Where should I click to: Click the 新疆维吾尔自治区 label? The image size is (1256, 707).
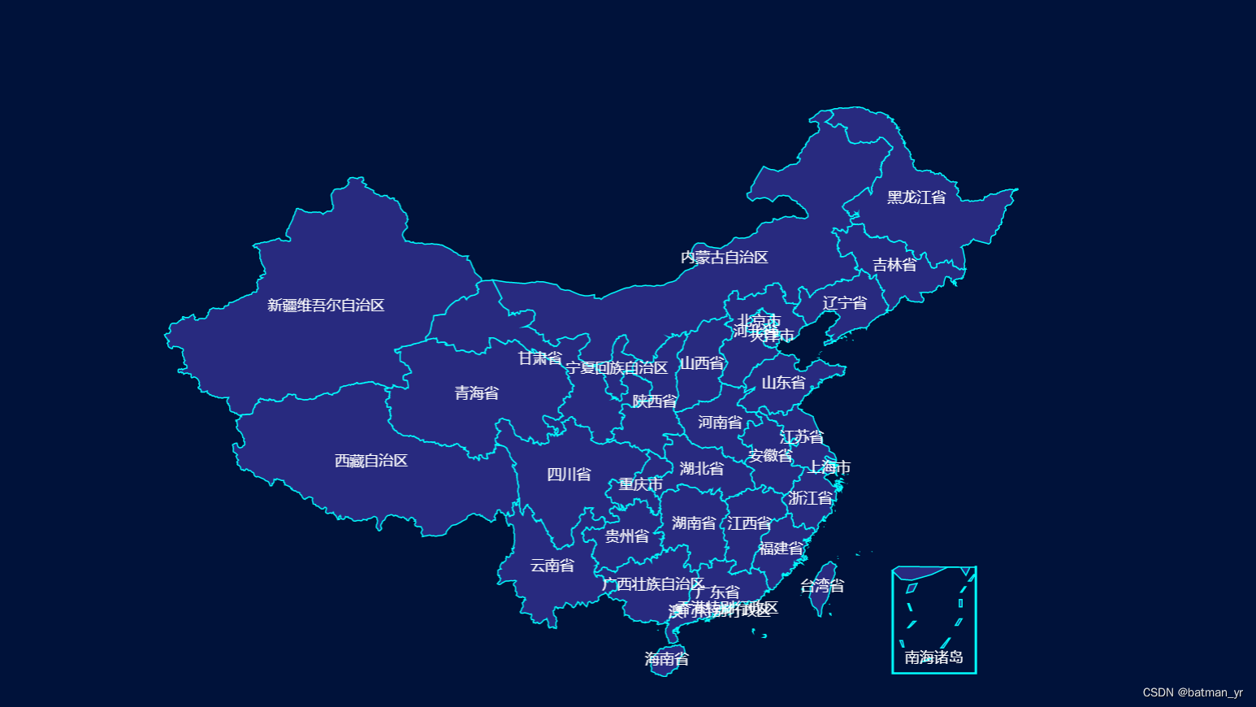point(326,306)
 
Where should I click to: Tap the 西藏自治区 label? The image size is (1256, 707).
point(371,461)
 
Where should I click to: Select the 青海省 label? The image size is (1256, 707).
point(477,393)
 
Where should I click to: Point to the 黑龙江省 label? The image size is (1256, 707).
point(916,197)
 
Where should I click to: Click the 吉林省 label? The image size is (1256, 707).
point(894,265)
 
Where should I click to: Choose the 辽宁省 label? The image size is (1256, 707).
point(845,303)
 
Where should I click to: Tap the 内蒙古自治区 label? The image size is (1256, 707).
point(725,258)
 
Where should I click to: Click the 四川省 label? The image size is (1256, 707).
point(569,475)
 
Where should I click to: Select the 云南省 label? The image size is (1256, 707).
point(552,566)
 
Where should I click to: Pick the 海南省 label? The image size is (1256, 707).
point(667,659)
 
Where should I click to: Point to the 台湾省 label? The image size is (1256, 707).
point(822,586)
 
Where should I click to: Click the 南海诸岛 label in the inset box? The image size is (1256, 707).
point(934,657)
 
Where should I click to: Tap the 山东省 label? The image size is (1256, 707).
point(784,383)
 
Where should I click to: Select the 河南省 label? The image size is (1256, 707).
point(720,423)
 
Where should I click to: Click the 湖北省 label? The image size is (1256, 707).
point(702,469)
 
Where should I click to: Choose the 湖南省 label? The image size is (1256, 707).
point(694,523)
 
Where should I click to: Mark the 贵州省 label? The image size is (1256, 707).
point(627,536)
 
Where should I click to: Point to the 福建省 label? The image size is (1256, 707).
point(782,549)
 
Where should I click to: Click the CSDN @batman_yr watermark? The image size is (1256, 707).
point(1193,692)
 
